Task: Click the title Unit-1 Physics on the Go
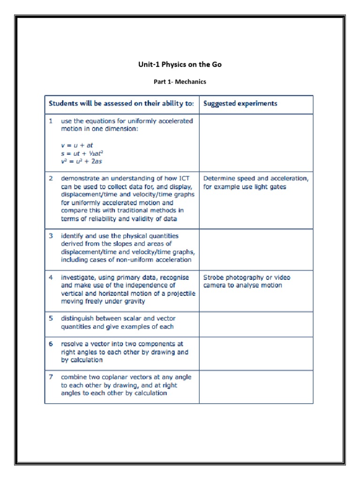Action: (180, 64)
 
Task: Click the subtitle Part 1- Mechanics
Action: (180, 82)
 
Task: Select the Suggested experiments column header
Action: (240, 104)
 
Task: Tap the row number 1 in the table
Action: (51, 121)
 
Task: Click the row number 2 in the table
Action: (51, 179)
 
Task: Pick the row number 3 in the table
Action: (51, 236)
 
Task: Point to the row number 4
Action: (51, 277)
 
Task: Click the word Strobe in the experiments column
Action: (213, 277)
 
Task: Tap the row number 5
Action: (51, 319)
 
